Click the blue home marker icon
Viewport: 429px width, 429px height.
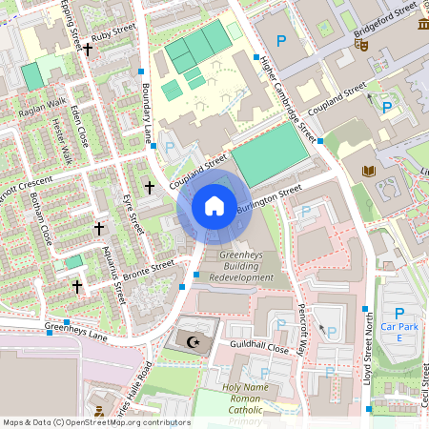(x=214, y=205)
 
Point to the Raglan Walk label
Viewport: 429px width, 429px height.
(x=42, y=108)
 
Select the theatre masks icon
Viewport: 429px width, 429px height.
(x=361, y=44)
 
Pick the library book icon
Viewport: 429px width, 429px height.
(x=369, y=171)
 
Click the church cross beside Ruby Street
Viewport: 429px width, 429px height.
(x=88, y=48)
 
